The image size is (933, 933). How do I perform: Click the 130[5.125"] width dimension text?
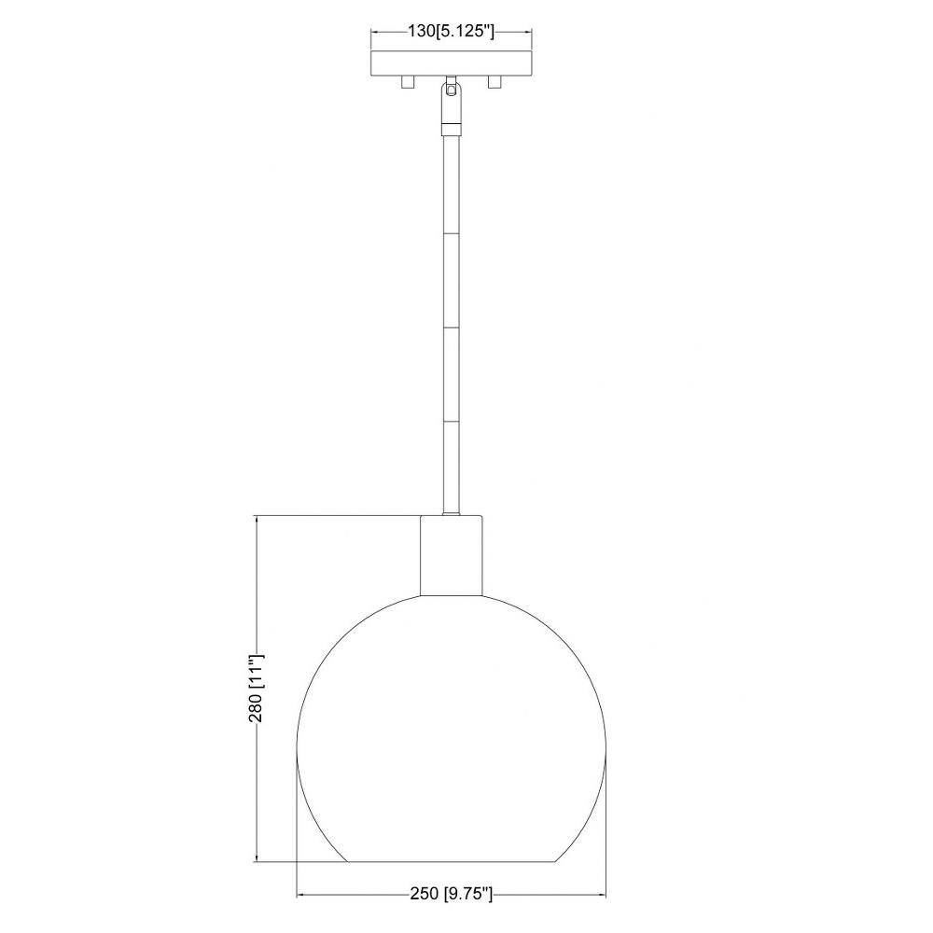pos(451,31)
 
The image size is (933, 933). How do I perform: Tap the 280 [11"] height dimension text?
pos(256,688)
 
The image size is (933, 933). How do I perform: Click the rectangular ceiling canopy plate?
pos(451,63)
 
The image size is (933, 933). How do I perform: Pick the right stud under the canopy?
pos(494,82)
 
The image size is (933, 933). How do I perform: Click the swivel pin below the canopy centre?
pos(451,90)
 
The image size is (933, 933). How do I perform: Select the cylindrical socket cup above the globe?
pos(451,555)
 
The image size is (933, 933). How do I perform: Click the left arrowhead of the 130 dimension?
pos(376,32)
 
